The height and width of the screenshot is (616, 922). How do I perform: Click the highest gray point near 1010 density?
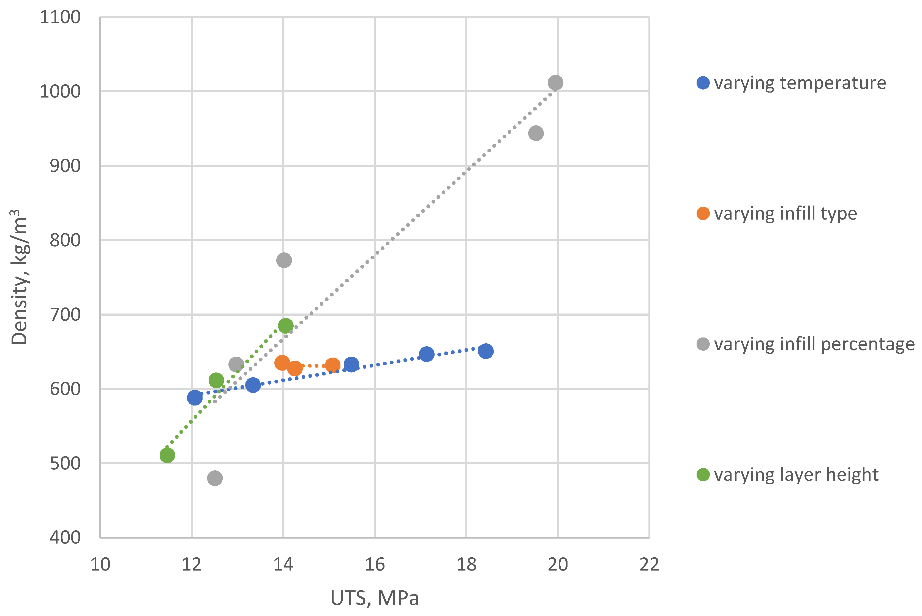point(555,82)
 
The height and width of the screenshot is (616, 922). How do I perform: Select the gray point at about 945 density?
point(536,133)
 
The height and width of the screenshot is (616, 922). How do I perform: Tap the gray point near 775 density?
point(284,260)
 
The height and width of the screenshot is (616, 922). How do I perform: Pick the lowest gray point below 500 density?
point(215,478)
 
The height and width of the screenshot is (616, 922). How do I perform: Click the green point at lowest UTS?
point(167,455)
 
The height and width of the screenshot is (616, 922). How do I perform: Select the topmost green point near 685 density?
point(286,326)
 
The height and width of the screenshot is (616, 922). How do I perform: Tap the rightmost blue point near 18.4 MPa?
point(486,351)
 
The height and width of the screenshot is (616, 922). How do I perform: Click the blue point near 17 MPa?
point(427,354)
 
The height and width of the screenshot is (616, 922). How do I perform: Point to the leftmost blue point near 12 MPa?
point(195,398)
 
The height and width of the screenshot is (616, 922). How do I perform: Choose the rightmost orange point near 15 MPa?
point(332,365)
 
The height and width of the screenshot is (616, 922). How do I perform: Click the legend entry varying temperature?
point(800,83)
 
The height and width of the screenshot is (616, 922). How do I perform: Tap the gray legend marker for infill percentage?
point(703,344)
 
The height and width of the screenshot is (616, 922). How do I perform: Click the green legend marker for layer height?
point(703,475)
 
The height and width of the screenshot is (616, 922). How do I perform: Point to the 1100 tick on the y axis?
point(60,17)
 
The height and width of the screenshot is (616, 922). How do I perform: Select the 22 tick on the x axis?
point(649,564)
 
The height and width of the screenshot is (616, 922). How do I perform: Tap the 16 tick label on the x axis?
point(375,564)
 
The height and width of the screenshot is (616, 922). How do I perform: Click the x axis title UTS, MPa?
point(375,598)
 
